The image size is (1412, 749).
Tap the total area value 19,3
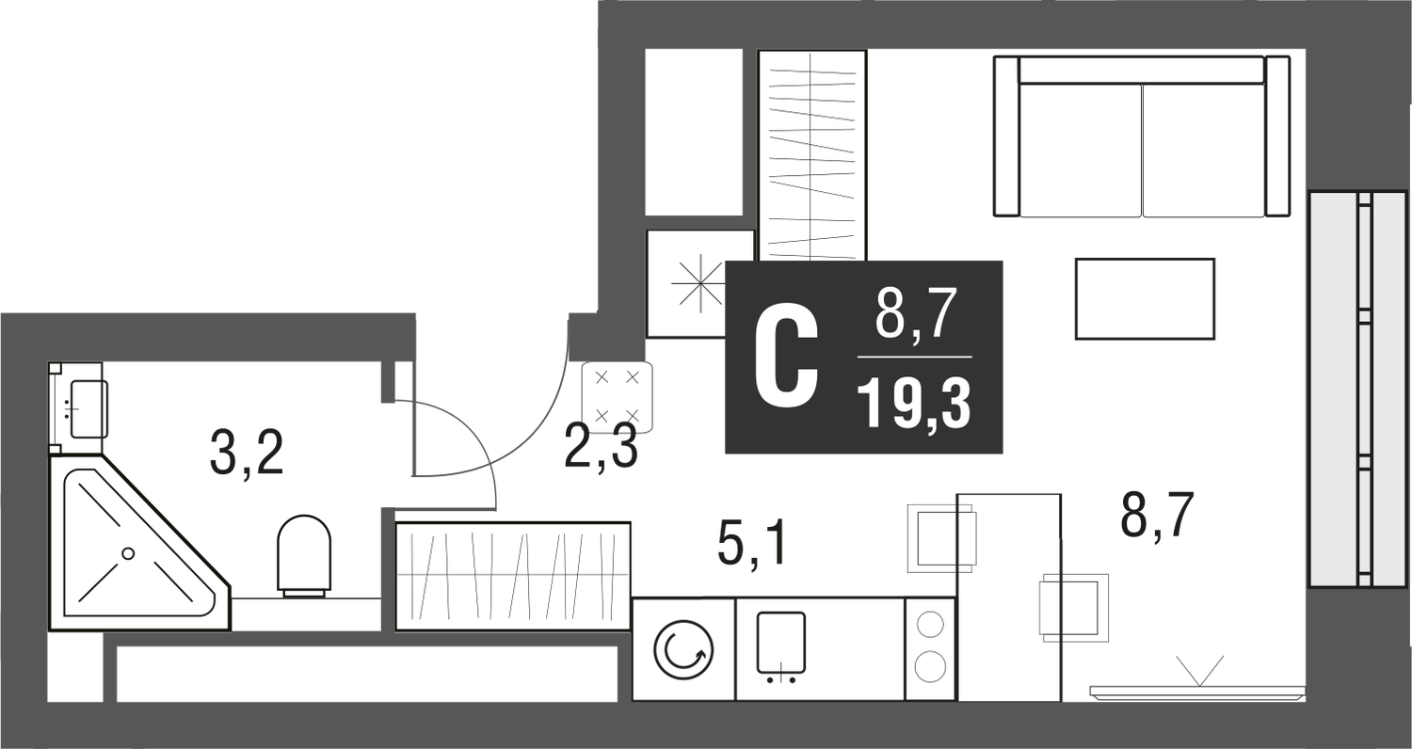(x=913, y=407)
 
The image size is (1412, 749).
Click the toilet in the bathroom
(x=304, y=555)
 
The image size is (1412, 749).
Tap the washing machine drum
(x=683, y=650)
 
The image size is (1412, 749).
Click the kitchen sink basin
(x=780, y=643)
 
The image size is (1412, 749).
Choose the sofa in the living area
(x=1141, y=137)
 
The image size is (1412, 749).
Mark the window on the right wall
(x=1356, y=388)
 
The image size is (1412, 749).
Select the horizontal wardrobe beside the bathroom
(x=513, y=574)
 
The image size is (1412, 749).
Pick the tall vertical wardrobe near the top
(x=811, y=153)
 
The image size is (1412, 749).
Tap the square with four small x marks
(x=617, y=395)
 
